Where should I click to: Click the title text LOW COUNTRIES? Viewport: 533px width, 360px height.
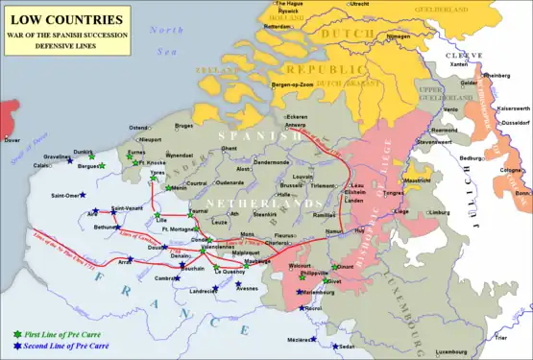point(63,19)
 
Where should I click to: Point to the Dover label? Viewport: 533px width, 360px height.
point(12,140)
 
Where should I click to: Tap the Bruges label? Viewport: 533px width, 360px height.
point(184,126)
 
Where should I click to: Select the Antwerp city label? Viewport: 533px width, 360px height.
point(296,125)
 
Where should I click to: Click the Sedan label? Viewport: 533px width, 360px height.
point(347,347)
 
